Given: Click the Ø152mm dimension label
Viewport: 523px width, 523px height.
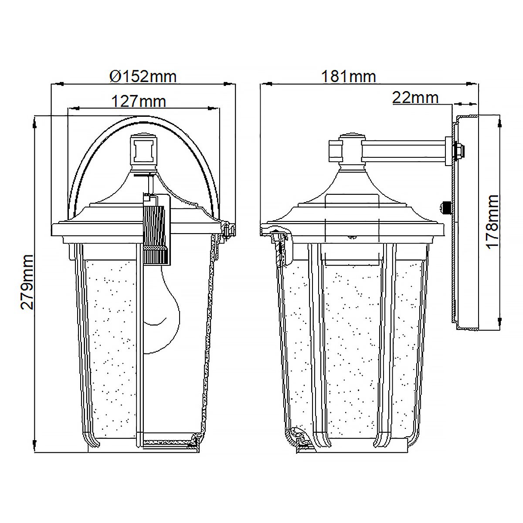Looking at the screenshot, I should coord(143,76).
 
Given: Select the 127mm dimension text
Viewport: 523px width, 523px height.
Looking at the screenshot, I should coord(139,101).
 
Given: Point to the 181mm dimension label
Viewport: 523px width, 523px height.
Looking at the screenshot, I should coord(348,76).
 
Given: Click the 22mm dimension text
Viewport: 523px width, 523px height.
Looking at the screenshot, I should coord(415,97).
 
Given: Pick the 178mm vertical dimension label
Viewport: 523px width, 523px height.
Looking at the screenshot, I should coord(492,222).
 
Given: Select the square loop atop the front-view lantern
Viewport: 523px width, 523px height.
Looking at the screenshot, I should coord(143,151).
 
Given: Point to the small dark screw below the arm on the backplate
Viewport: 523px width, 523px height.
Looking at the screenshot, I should coord(446,207).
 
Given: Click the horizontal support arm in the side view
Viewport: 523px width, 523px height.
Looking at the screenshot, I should coord(403,149).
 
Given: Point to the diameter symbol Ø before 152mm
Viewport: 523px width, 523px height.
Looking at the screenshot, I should coord(114,77).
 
